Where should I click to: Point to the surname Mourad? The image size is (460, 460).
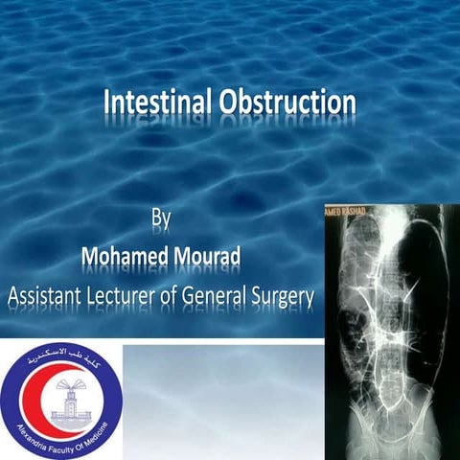click(216, 257)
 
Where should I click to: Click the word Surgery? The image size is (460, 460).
click(285, 296)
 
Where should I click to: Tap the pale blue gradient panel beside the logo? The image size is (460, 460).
click(220, 402)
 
